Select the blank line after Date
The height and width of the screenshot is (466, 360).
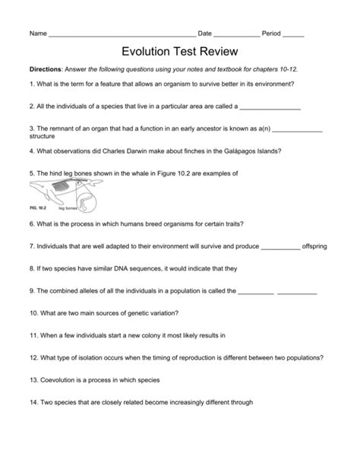click(236, 35)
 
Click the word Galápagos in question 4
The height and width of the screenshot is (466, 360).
click(235, 151)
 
